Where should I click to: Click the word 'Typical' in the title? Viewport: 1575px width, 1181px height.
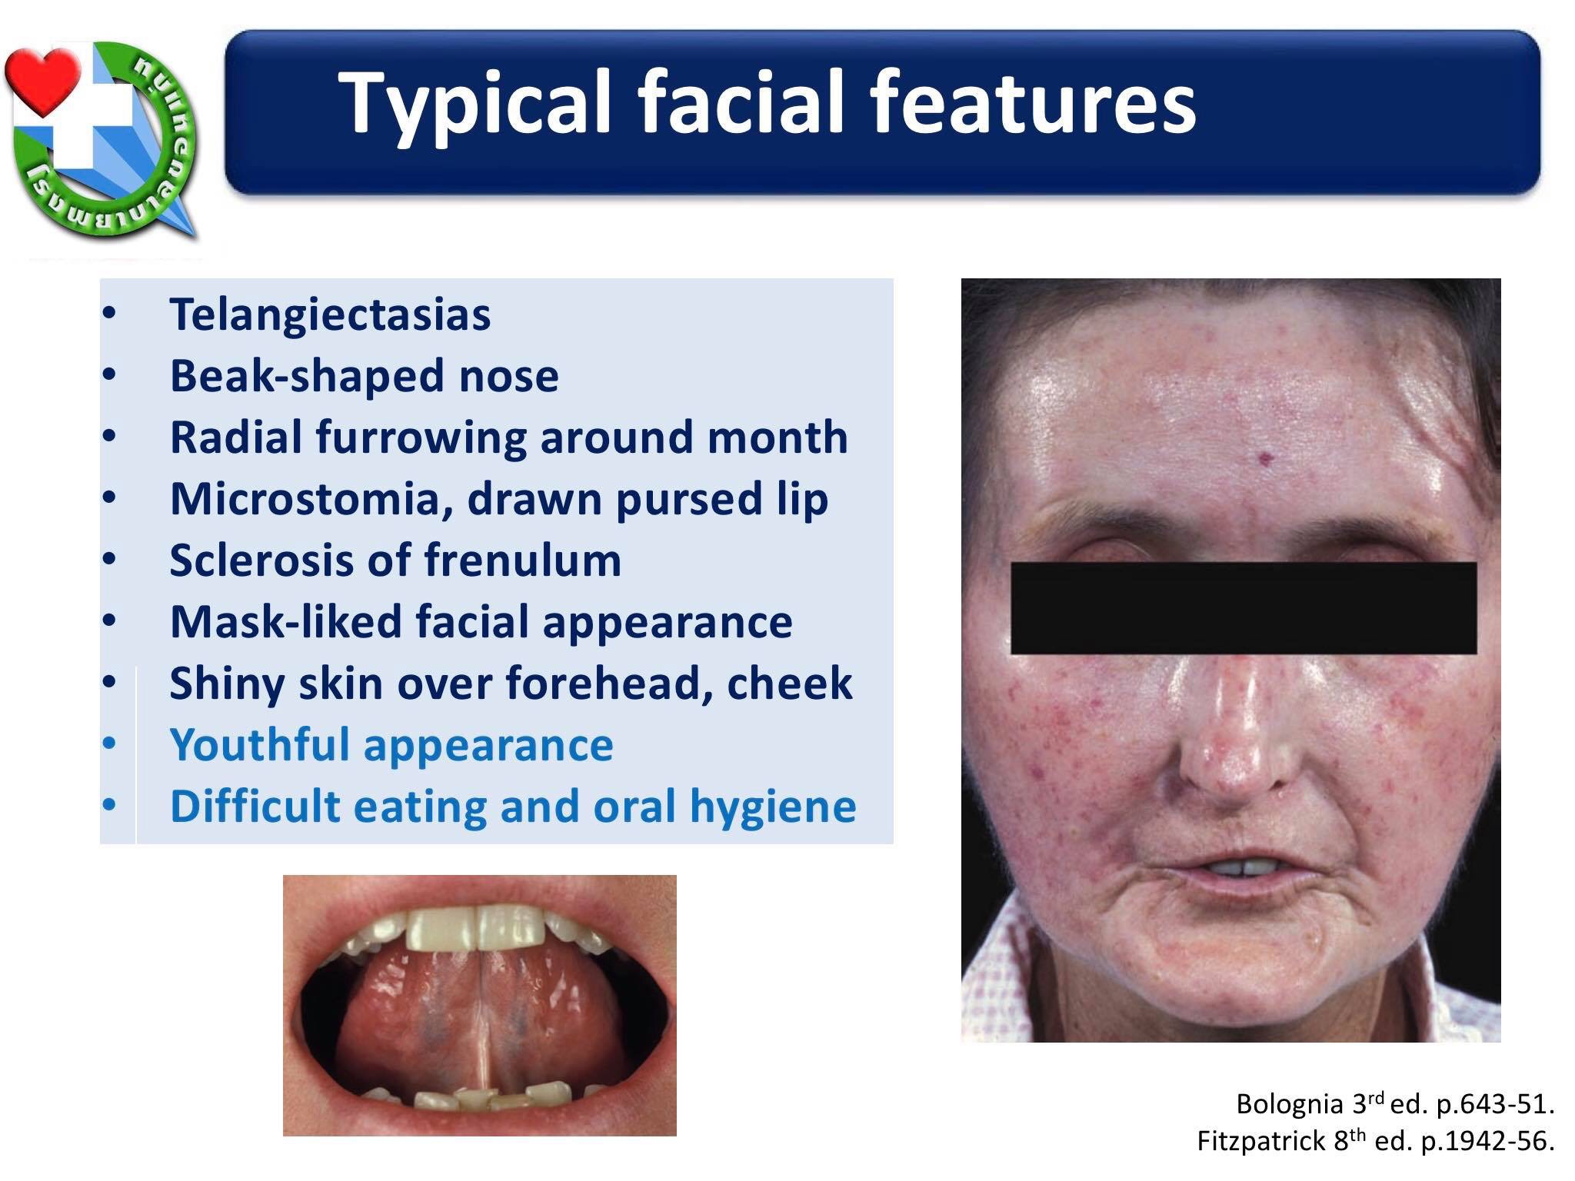476,103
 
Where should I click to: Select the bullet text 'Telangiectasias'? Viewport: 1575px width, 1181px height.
330,314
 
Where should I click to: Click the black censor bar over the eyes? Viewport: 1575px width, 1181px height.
1243,607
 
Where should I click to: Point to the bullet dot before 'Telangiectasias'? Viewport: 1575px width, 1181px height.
108,314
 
